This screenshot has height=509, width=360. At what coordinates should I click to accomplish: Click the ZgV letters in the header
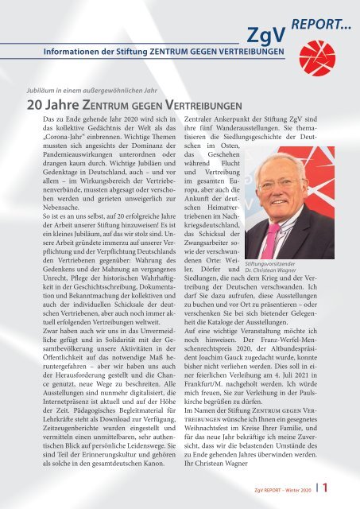tap(270, 35)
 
